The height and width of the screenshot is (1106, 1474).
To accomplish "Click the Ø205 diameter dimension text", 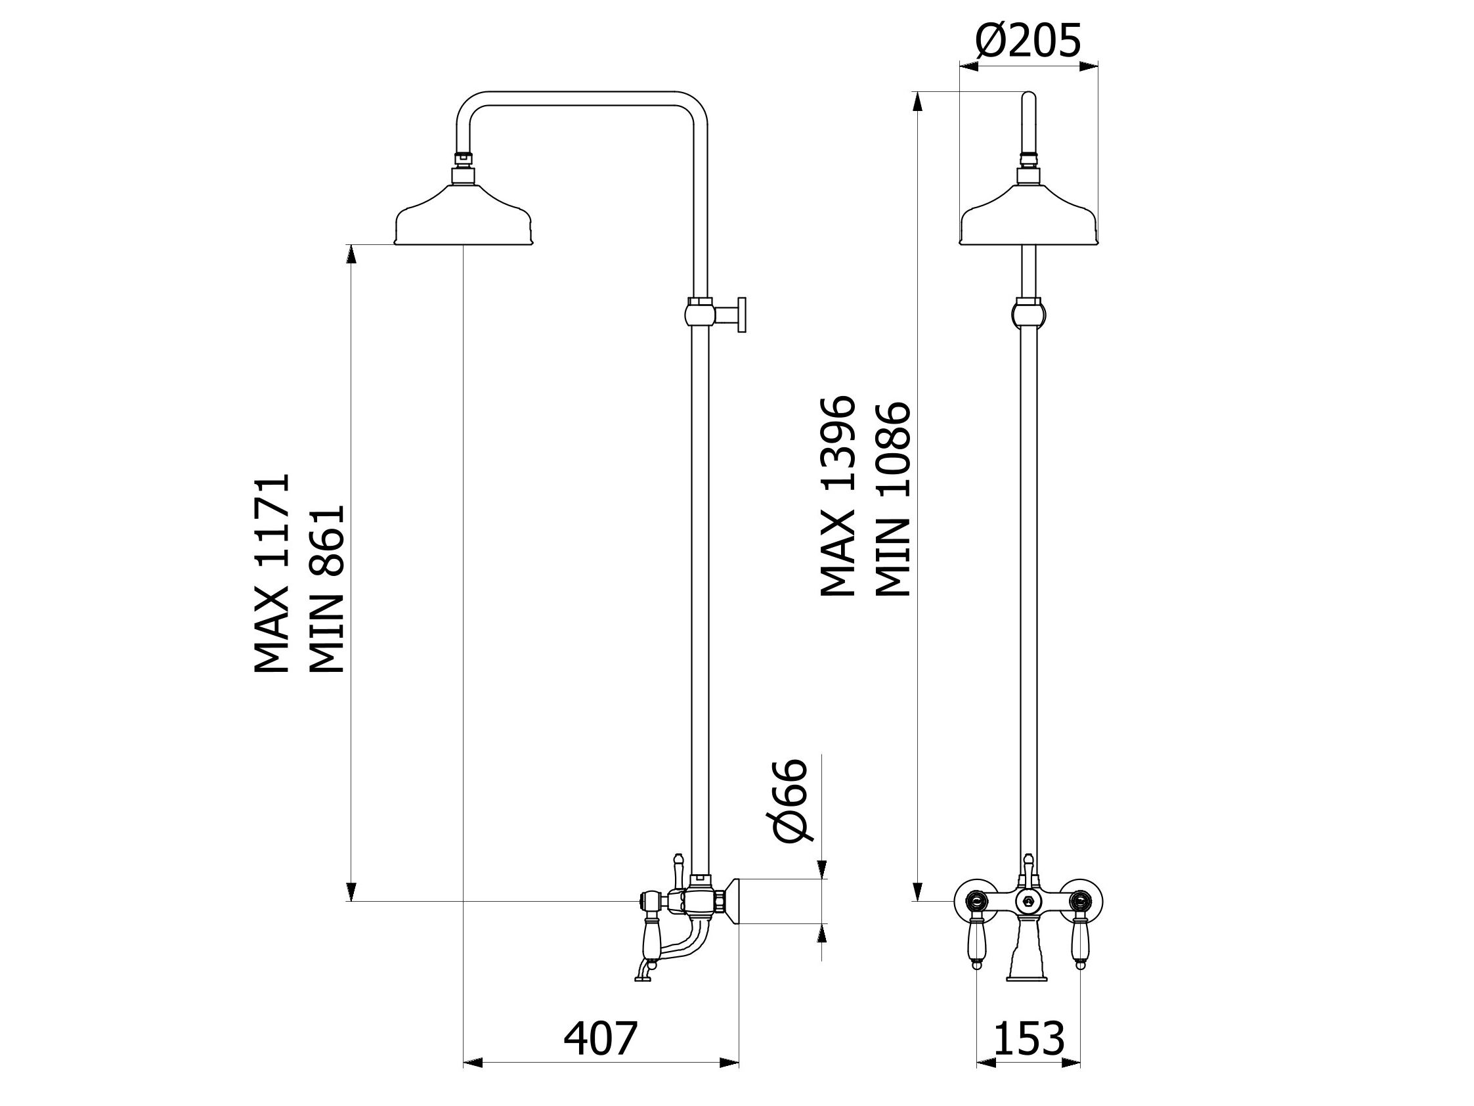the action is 1028,41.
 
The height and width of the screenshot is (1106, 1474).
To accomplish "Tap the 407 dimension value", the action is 601,1038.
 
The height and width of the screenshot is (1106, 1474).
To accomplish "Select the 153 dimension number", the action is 1029,1038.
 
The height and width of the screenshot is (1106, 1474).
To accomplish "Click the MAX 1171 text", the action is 272,573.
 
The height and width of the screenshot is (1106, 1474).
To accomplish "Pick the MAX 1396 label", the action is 836,496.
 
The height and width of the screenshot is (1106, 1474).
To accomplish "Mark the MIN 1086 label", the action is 892,498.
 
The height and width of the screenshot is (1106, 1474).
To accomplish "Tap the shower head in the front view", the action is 1028,212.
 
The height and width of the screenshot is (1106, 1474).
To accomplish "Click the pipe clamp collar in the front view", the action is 1029,313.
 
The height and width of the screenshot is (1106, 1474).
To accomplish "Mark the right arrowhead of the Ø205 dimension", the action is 1089,65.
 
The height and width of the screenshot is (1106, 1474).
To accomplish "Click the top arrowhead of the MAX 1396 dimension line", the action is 917,101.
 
